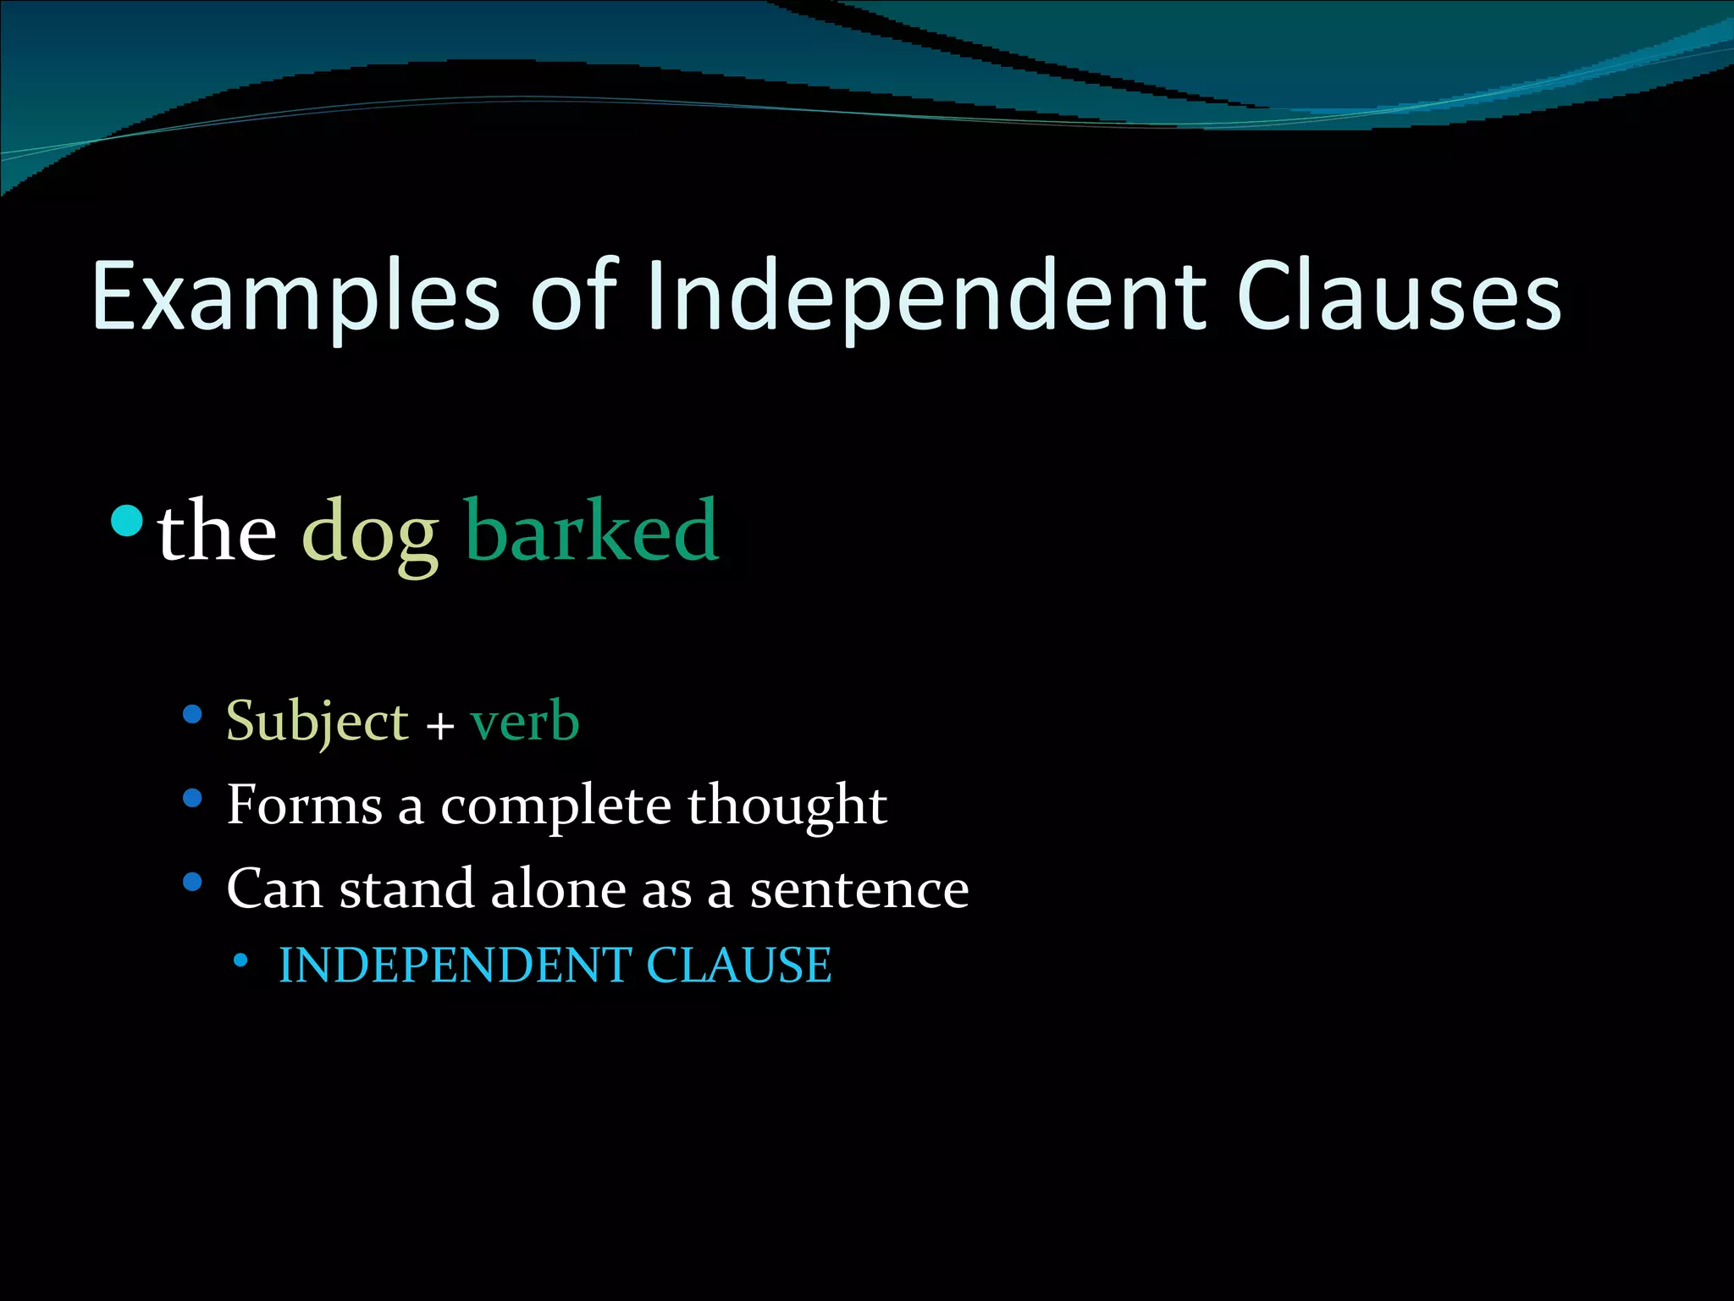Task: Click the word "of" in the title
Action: point(575,296)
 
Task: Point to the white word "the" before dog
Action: point(218,532)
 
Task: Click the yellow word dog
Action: point(370,534)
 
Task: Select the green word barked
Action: point(592,531)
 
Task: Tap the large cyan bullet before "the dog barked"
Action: point(127,520)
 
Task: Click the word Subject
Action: point(318,722)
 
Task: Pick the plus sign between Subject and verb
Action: point(439,727)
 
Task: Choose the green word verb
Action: point(524,722)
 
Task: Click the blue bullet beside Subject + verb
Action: point(192,715)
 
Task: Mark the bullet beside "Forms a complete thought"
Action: point(192,798)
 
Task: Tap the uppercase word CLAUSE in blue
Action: point(738,966)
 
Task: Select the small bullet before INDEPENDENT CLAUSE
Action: point(241,961)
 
